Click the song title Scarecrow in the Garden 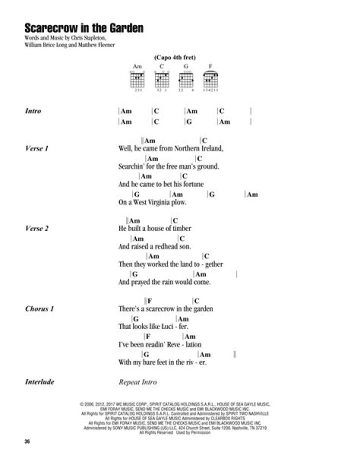pos(83,28)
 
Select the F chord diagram pos(210,78)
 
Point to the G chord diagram pos(186,78)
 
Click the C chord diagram pos(162,78)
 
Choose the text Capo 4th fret pos(174,57)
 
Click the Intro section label pos(33,111)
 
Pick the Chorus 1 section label pos(39,308)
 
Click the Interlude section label pos(39,382)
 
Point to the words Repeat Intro pos(137,382)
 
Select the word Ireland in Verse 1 pos(209,148)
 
